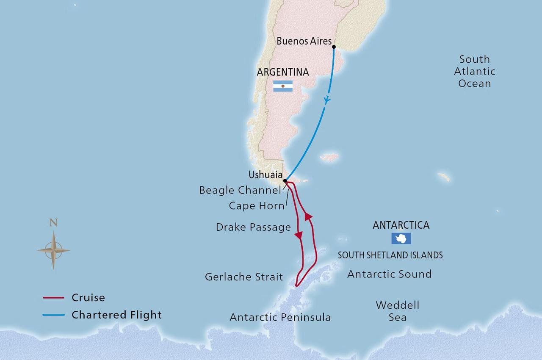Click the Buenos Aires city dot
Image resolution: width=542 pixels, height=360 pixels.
pos(334,47)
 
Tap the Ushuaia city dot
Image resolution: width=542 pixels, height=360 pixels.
pos(285,181)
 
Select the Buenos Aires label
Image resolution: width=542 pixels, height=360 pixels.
pos(304,42)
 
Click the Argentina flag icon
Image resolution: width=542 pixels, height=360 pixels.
pos(282,86)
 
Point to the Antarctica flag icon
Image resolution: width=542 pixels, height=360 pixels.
pos(401,238)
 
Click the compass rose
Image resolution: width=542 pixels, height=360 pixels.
pos(53,250)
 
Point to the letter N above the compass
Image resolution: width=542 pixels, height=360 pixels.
pos(53,223)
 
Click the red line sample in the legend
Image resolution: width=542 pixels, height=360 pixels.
pos(54,298)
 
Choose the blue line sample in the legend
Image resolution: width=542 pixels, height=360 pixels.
pos(54,315)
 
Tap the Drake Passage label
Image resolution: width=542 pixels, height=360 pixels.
pos(253,227)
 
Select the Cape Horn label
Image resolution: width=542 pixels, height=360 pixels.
pos(257,206)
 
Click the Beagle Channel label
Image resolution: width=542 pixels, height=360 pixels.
pos(240,191)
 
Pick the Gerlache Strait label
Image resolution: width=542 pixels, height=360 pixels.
pos(244,277)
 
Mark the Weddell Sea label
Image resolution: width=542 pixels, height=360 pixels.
pos(398,311)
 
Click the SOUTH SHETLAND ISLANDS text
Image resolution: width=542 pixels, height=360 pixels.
pos(390,255)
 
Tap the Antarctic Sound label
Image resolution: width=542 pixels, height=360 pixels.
pos(389,274)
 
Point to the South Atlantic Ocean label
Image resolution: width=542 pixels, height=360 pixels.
pos(475,71)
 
